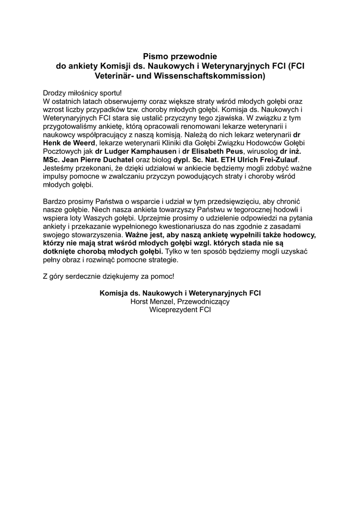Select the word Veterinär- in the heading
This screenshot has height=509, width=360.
[115, 76]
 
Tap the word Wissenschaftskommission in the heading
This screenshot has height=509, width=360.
[219, 76]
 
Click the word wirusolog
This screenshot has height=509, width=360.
[263, 151]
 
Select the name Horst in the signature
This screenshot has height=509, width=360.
[140, 301]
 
